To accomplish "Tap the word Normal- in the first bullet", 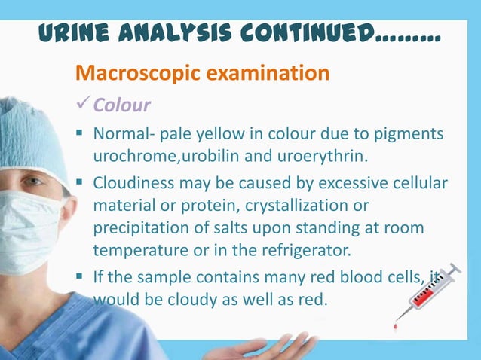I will click(x=120, y=136).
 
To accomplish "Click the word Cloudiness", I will click(x=131, y=184).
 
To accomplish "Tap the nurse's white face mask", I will click(x=26, y=233).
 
